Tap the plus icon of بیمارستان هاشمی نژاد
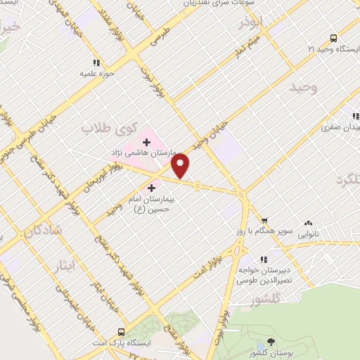click(x=146, y=143)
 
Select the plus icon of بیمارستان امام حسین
click(x=152, y=188)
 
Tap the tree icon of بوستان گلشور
click(x=272, y=341)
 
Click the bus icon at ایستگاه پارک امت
click(x=122, y=332)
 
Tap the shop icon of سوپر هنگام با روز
click(x=264, y=219)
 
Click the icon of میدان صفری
click(x=355, y=117)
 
